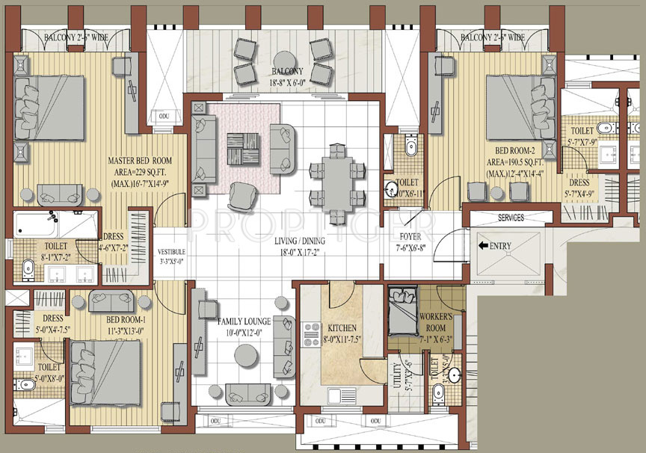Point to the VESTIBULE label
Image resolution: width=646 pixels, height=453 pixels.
tap(171, 252)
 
